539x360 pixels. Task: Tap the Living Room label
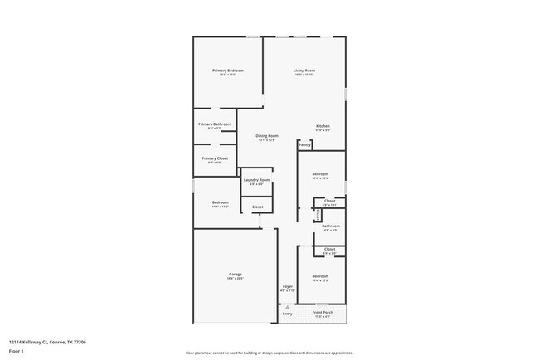303,71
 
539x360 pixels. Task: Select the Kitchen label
323,126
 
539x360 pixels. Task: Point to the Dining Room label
266,135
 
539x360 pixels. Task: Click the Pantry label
304,144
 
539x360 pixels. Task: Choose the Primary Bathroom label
215,124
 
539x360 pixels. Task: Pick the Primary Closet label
215,158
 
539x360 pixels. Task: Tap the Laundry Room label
256,180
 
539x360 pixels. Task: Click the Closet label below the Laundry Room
257,207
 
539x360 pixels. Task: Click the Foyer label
287,286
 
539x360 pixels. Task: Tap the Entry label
287,314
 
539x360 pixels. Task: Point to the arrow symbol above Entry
287,306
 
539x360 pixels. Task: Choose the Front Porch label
321,313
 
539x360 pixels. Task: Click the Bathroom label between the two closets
331,226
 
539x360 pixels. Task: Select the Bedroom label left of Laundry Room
220,202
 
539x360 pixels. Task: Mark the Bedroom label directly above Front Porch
321,275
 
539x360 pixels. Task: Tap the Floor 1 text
16,351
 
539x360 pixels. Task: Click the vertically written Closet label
318,215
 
